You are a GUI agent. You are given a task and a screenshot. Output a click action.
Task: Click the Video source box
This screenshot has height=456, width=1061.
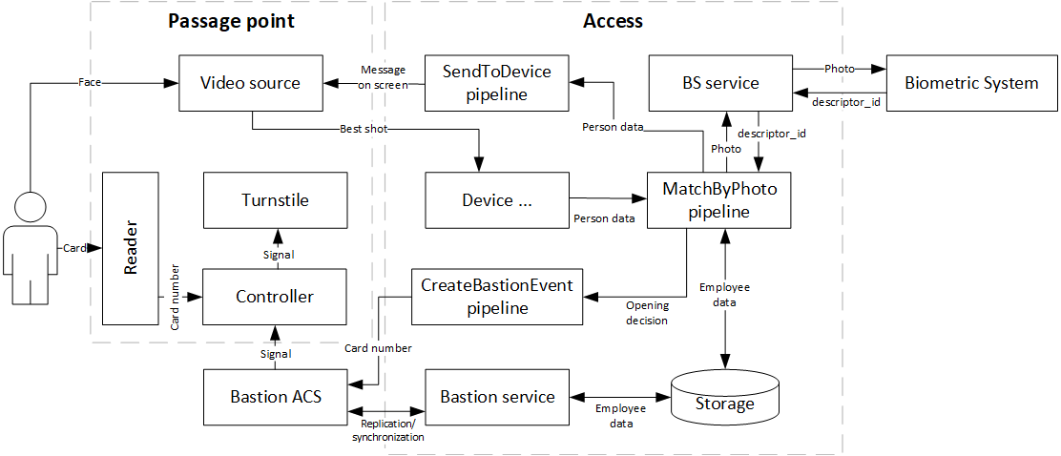point(250,83)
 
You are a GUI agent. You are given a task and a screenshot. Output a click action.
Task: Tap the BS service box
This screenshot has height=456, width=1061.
point(719,83)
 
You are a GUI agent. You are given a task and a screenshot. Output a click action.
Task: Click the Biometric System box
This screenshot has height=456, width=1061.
point(970,83)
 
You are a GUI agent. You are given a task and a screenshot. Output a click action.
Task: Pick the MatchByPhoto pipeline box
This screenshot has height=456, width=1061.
point(719,200)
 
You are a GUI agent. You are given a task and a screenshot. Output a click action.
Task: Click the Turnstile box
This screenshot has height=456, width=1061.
point(275,200)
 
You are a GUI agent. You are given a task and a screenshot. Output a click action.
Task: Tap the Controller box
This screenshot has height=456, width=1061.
point(275,297)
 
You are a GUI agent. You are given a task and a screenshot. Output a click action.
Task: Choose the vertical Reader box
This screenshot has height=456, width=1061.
point(131,249)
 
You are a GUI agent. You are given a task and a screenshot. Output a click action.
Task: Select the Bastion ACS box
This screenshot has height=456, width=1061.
point(275,396)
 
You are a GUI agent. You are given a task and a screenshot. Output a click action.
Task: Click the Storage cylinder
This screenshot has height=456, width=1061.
point(725,401)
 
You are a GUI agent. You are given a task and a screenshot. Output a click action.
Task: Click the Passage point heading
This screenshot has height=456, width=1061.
point(230,21)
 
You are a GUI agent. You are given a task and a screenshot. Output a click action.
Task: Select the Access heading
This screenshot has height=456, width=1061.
point(613,21)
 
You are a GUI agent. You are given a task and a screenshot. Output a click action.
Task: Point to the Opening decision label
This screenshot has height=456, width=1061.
point(647,313)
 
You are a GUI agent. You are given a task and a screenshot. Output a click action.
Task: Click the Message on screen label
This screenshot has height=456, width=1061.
point(383,77)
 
